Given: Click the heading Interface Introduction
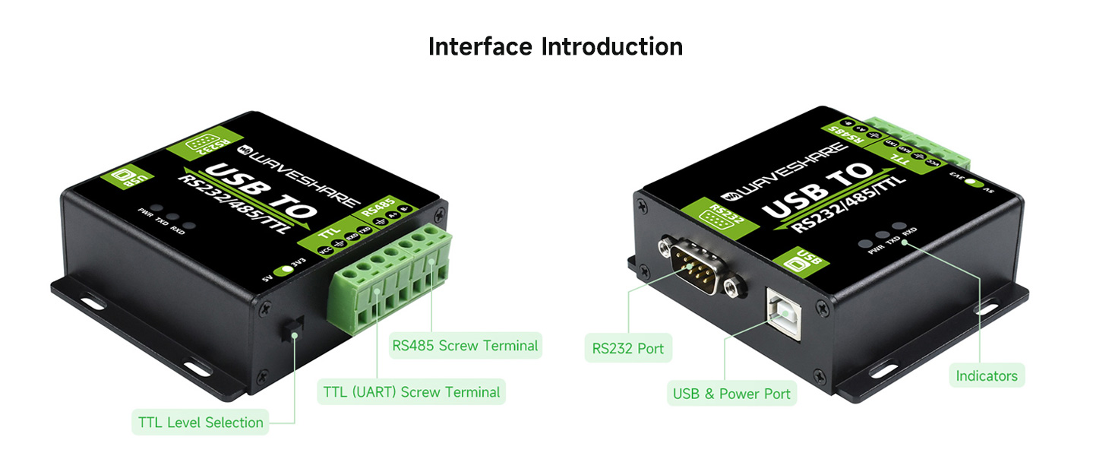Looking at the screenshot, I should click(x=555, y=46).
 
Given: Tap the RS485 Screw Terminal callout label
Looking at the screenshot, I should click(x=465, y=346).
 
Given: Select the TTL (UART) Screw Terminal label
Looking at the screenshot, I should click(x=411, y=392).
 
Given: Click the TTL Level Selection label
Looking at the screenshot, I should click(x=201, y=423).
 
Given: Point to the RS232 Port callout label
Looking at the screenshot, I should click(x=627, y=349).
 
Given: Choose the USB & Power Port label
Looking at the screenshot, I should click(x=731, y=394).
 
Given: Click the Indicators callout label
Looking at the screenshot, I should click(x=986, y=375).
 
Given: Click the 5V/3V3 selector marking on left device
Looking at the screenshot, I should click(x=286, y=270).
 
